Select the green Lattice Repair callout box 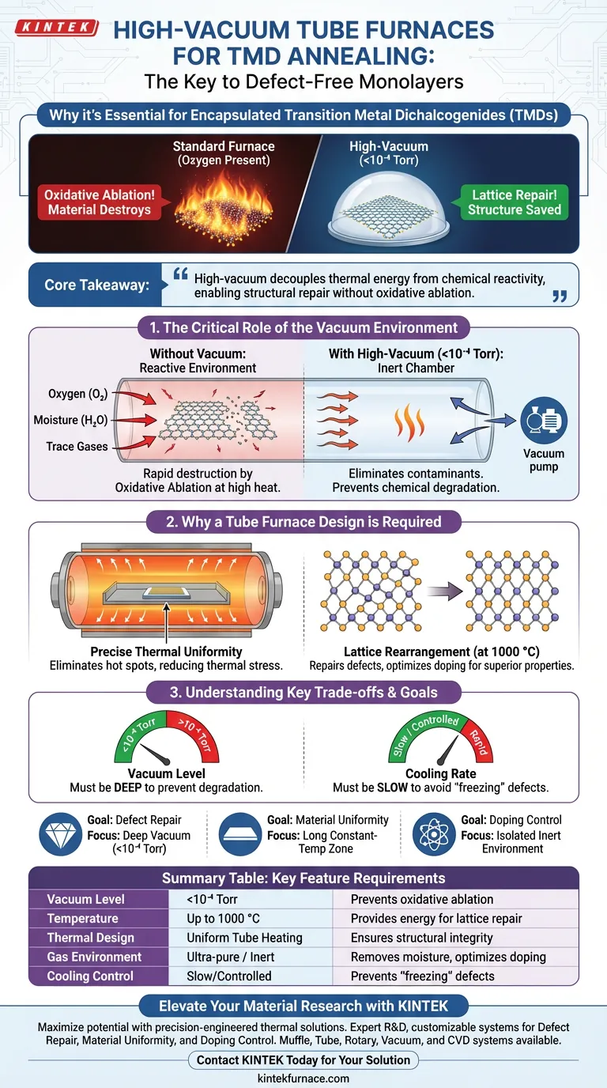pyautogui.click(x=514, y=202)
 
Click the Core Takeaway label pyautogui.click(x=96, y=285)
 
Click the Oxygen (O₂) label pyautogui.click(x=77, y=394)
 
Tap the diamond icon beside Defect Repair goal pyautogui.click(x=60, y=833)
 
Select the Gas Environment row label pyautogui.click(x=94, y=957)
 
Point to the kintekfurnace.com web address pyautogui.click(x=304, y=1078)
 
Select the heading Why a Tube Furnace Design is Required pyautogui.click(x=303, y=522)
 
